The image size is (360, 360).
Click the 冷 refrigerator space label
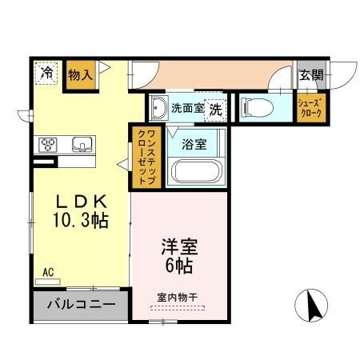47,74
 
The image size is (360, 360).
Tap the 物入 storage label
81,75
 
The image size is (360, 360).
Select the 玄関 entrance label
311,75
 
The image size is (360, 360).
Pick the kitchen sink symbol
81,145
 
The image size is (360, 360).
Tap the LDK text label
79,201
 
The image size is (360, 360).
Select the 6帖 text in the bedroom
181,263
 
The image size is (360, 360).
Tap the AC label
50,273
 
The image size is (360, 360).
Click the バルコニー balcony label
80,305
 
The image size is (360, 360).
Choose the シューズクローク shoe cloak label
310,108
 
